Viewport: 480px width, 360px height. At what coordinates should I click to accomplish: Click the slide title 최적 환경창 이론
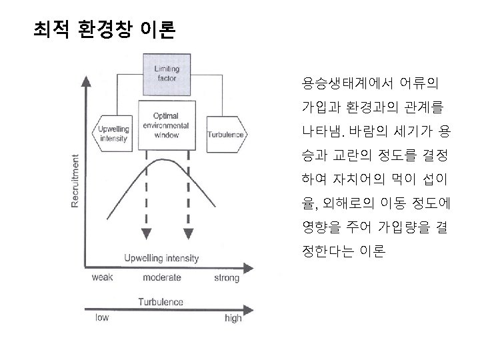105,30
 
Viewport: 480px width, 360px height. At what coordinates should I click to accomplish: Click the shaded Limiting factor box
166,73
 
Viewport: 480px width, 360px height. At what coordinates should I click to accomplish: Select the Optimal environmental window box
166,125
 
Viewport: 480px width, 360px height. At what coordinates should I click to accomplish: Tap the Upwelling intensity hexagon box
113,134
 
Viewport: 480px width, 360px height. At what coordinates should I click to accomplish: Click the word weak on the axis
101,277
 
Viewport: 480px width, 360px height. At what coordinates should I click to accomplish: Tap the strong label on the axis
226,277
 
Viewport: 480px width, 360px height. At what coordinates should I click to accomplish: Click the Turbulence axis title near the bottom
161,302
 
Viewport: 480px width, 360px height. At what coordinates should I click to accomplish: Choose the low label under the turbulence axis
101,318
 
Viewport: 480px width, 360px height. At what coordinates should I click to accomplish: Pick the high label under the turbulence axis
233,319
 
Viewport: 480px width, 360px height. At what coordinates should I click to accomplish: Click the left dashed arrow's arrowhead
145,233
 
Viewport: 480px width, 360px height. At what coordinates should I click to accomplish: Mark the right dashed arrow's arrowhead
187,233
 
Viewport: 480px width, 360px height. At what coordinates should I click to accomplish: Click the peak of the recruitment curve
165,160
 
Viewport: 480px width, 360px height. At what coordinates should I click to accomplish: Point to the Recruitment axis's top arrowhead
85,82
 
